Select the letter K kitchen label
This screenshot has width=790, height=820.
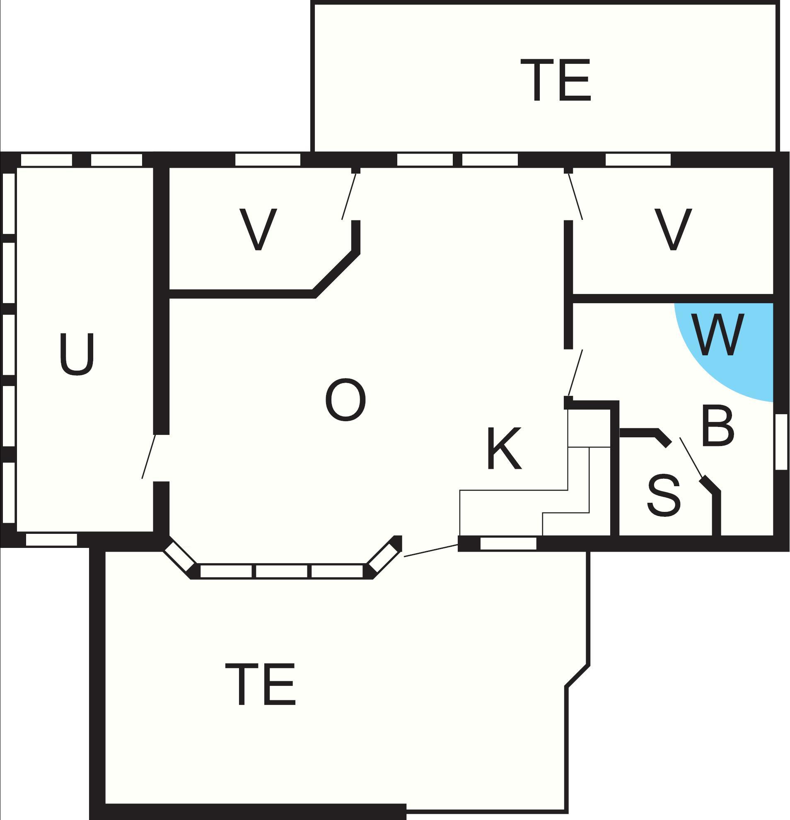(504, 449)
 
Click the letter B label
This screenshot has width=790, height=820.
(718, 425)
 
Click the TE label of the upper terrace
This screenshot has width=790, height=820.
(555, 80)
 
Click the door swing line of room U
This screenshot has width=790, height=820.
(149, 456)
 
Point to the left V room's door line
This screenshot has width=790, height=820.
(349, 195)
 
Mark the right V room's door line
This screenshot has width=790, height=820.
(575, 195)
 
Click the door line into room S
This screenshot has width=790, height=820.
(691, 457)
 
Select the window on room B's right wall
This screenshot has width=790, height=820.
(781, 441)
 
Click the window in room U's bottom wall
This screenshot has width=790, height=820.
(51, 540)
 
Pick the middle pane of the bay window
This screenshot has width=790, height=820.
(282, 571)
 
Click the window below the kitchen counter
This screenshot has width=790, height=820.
(508, 543)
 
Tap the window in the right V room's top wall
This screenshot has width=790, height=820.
(638, 160)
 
